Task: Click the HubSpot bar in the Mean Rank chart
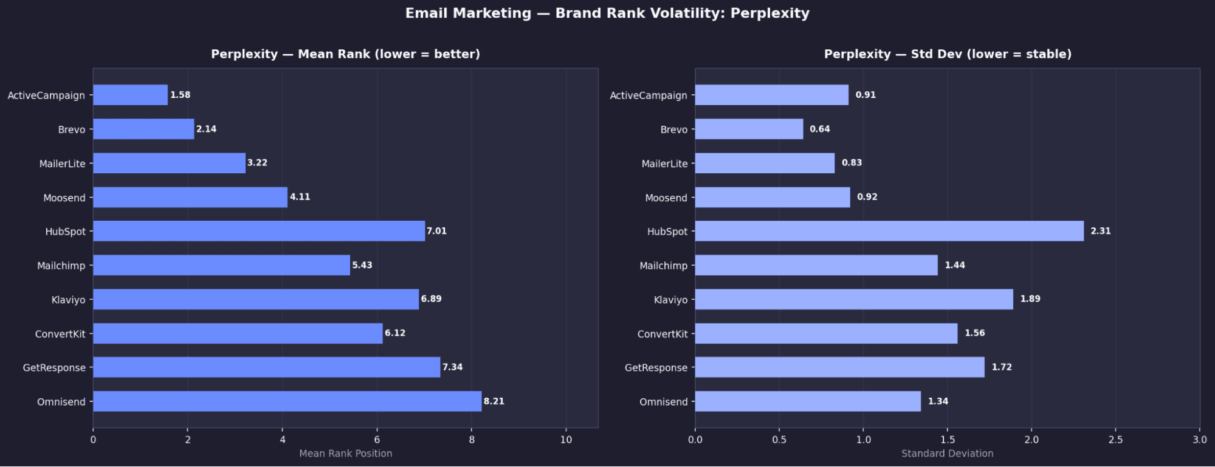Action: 259,231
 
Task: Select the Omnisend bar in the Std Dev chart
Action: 808,401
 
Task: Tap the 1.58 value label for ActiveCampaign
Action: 180,95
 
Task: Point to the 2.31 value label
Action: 1100,231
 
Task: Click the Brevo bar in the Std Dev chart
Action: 749,129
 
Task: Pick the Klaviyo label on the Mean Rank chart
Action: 68,300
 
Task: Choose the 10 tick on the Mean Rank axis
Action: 566,440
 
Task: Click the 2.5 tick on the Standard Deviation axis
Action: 1115,440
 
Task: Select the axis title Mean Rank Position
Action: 345,454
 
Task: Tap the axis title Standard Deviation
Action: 947,454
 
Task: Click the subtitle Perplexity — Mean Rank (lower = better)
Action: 345,54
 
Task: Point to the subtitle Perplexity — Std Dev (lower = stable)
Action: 947,54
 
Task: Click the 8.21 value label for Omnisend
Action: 494,401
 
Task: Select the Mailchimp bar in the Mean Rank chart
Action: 221,265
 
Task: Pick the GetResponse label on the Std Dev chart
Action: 656,368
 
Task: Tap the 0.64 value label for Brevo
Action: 819,129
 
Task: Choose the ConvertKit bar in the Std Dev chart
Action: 826,333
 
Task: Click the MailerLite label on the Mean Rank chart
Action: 62,164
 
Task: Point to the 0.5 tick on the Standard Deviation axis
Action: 779,440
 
